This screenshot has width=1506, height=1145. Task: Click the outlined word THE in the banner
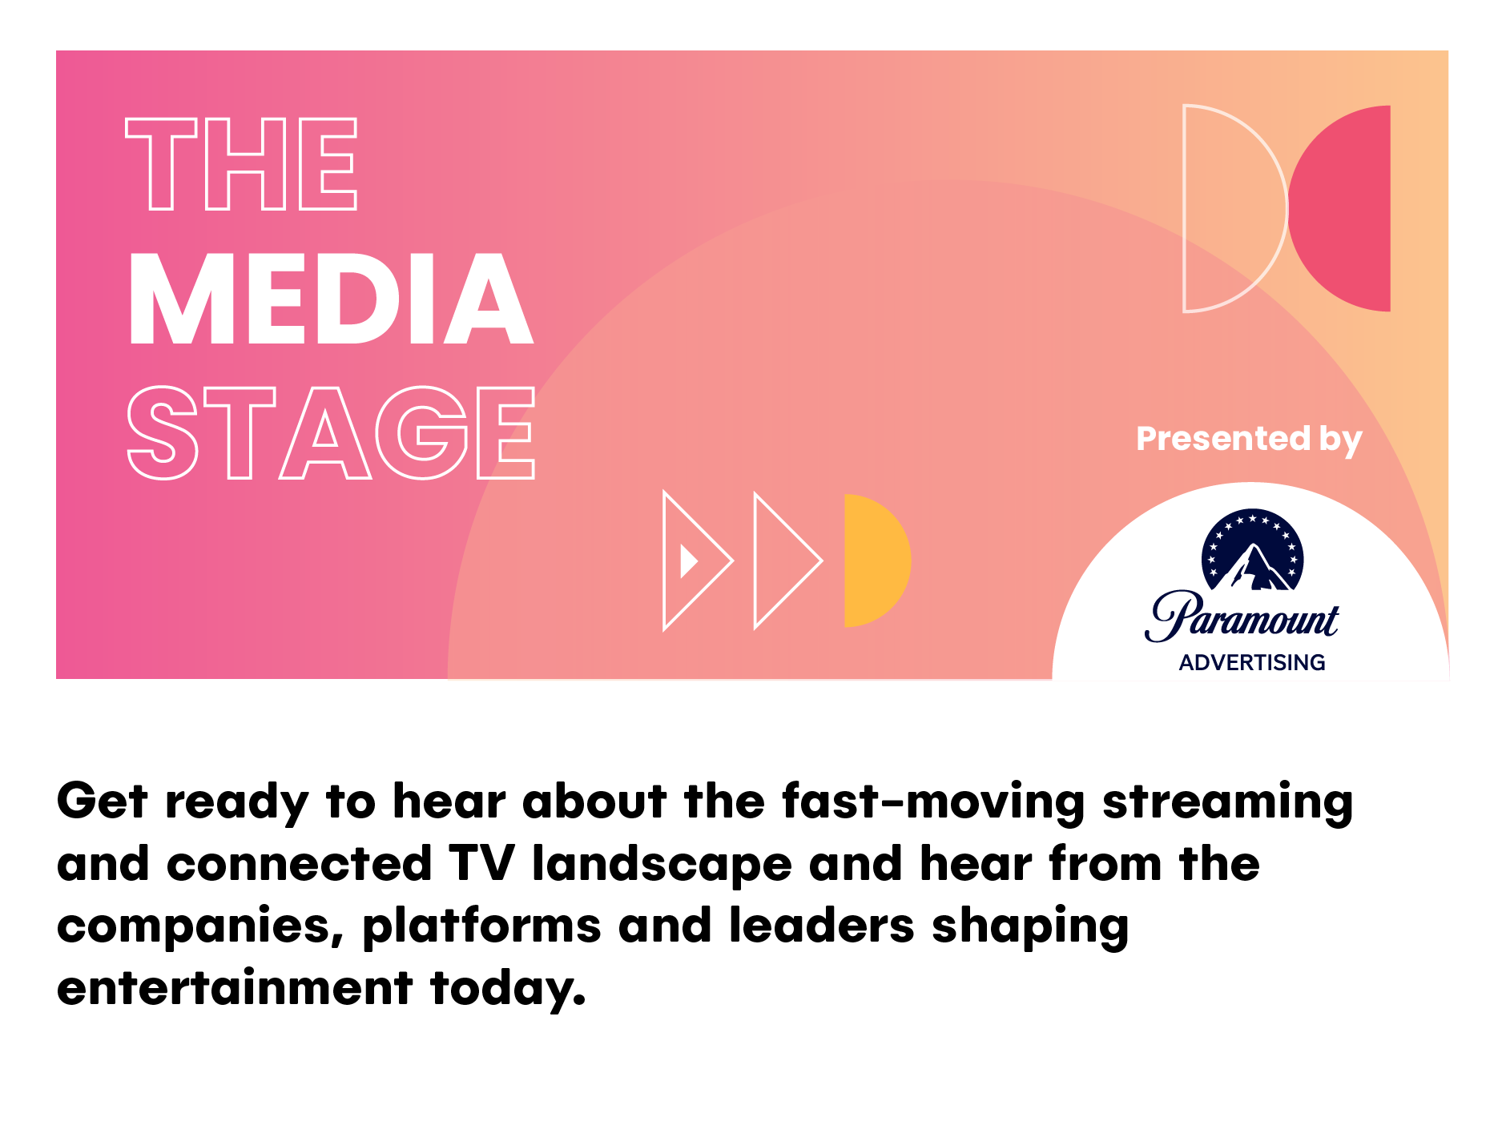coord(241,163)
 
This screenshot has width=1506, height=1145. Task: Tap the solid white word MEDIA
coord(330,299)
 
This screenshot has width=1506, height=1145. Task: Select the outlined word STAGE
coord(331,432)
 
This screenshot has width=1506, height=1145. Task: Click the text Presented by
coord(1249,440)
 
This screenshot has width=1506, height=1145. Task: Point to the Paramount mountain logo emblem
coord(1253,550)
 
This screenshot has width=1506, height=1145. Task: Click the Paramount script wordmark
coord(1242,617)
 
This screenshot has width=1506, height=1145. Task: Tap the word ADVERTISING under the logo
coord(1252,662)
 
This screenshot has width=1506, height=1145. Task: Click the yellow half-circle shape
coord(876,560)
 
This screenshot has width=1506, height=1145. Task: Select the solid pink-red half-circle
coord(1339,208)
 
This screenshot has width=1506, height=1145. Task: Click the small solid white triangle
coord(688,560)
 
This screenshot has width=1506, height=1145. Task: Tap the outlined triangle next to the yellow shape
coord(788,560)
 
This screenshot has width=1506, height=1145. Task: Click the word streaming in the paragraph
coord(1227,802)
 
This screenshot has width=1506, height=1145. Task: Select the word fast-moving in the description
coord(933,801)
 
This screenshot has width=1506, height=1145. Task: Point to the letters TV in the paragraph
coord(481,864)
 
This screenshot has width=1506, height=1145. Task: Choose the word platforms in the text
coord(481,927)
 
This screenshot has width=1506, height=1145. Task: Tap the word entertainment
coord(235,987)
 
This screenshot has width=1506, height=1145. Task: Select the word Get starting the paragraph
coord(103,801)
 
